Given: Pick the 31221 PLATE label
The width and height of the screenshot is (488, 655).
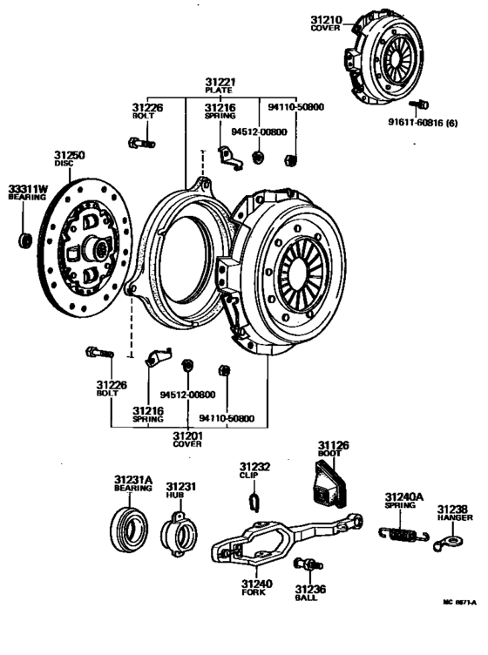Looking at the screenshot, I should [221, 84].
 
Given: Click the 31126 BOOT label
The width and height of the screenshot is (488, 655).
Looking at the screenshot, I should [332, 449].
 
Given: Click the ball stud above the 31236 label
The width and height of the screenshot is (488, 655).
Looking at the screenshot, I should [303, 564].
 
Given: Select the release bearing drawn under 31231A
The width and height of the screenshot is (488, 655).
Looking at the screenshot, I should [128, 527].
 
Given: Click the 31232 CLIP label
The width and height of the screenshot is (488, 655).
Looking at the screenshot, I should [255, 471].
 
